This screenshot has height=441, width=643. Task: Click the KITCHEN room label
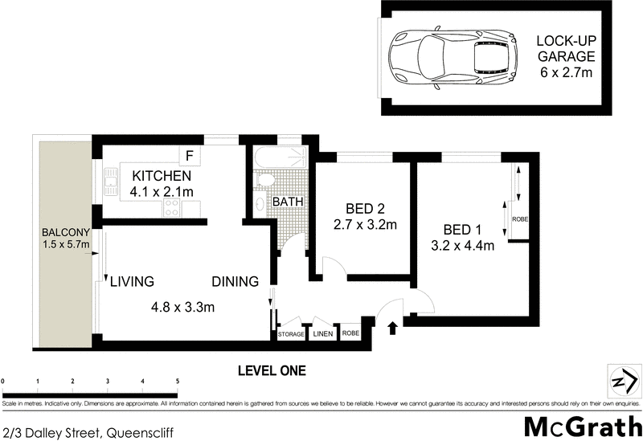(x=161, y=176)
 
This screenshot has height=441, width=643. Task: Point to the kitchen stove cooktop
(x=171, y=208)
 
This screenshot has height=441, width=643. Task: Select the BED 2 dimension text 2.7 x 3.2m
(x=364, y=225)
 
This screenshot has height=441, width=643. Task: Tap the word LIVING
(x=132, y=282)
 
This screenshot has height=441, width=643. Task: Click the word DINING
(x=235, y=282)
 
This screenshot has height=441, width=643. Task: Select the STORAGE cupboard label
(x=291, y=334)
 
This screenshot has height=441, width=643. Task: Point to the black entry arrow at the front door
(x=393, y=327)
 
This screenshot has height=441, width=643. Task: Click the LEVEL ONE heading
(x=272, y=370)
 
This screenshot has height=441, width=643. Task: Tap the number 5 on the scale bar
(x=178, y=381)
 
